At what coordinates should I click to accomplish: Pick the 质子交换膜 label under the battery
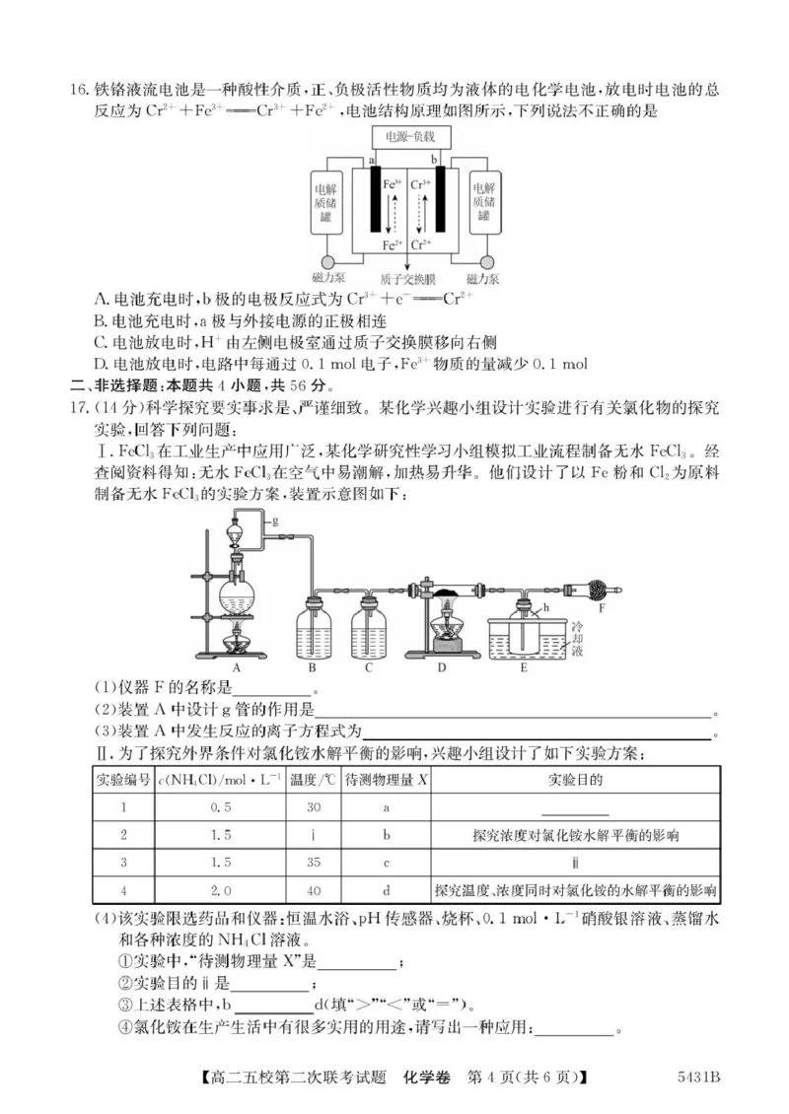pos(407,279)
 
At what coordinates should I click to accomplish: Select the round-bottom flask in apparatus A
pos(238,593)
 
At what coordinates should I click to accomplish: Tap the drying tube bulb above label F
pos(603,591)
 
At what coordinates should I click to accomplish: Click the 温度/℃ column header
pos(313,780)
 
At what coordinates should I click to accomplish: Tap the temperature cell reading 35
pos(313,862)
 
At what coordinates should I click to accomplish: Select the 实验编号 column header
pos(123,780)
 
